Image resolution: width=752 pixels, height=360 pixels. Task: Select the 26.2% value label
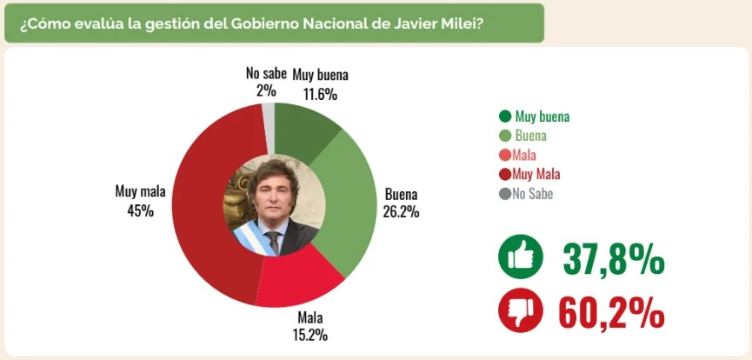point(401,211)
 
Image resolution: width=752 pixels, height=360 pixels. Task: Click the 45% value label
point(140,210)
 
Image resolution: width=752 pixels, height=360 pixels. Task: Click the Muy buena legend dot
point(504,116)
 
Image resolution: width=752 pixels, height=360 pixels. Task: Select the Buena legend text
point(531,136)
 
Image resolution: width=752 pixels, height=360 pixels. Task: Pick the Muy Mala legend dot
point(504,174)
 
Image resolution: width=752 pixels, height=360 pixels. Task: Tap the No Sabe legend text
point(532,194)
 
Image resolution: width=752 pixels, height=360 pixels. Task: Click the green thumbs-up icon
point(520,258)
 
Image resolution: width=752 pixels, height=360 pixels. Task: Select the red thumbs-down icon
point(520,311)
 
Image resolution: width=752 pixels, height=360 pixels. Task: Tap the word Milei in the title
point(468,23)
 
